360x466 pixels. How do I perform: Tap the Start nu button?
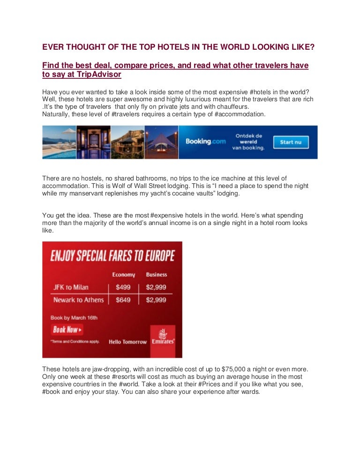click(290, 142)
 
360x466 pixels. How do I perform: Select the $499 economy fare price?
click(122, 287)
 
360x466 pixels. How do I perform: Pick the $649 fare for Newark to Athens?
click(122, 300)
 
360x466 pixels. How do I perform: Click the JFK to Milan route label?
click(72, 287)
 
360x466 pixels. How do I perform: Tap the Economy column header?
click(123, 275)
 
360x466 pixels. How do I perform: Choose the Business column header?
click(156, 275)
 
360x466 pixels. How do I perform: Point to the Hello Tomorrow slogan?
click(127, 342)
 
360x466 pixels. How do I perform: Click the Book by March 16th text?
click(74, 317)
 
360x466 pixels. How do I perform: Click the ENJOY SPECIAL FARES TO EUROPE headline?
click(112, 256)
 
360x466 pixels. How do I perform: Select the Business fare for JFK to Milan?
click(156, 287)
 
